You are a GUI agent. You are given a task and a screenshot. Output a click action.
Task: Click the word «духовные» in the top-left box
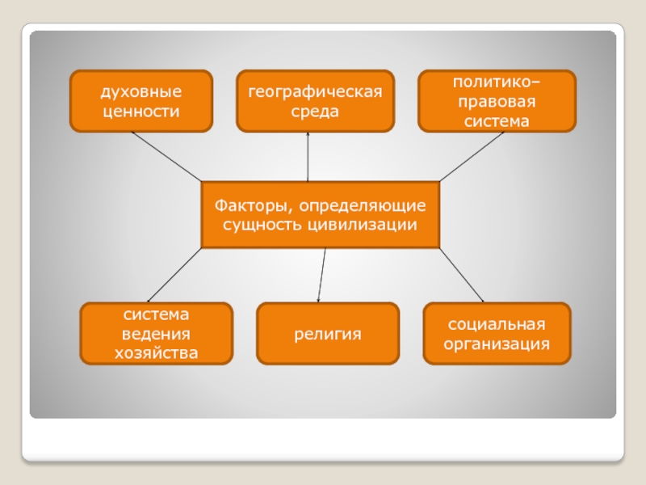[x=141, y=91]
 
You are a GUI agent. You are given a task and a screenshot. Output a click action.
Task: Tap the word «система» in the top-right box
[x=497, y=121]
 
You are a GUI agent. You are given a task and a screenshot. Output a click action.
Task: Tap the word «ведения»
[x=156, y=333]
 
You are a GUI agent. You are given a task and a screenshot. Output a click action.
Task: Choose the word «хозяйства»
[x=156, y=352]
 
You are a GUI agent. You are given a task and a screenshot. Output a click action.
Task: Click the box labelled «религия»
[x=327, y=333]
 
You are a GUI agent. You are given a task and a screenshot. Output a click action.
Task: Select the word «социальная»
[x=497, y=324]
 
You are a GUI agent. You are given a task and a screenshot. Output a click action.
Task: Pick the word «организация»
[x=497, y=344]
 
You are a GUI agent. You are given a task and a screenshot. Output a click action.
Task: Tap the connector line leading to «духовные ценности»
[x=166, y=156]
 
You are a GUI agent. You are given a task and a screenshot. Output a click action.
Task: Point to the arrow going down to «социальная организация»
[x=462, y=275]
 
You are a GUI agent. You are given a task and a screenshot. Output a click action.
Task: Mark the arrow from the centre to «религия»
[x=322, y=275]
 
